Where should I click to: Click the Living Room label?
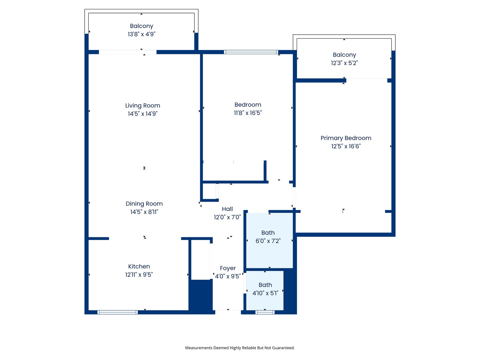(x=143, y=106)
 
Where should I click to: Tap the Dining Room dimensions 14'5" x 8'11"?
(x=144, y=212)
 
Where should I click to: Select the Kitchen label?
(x=139, y=267)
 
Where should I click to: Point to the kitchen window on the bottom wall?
(x=117, y=312)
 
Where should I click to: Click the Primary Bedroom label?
(x=346, y=138)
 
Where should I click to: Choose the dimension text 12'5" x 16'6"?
(x=346, y=146)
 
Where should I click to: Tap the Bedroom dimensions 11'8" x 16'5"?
(x=248, y=113)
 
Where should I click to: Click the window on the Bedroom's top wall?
(x=251, y=52)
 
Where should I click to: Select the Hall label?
(x=227, y=209)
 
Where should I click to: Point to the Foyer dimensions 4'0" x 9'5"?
(x=228, y=276)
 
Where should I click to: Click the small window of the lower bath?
(x=265, y=312)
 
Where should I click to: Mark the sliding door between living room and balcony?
(x=128, y=52)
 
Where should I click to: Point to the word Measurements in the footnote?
(x=199, y=348)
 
